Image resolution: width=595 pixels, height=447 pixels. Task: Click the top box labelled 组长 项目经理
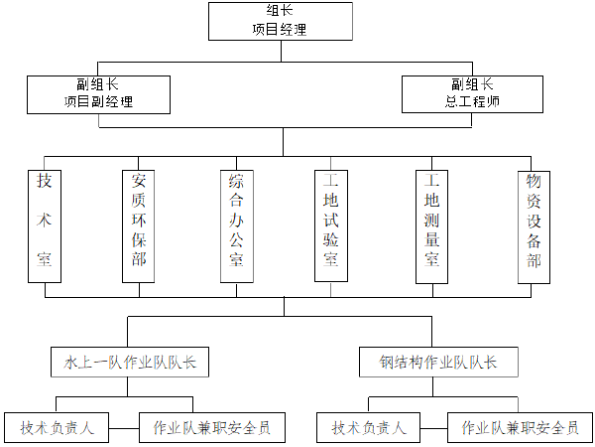click(280, 21)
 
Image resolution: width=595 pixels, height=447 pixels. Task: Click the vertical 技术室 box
click(45, 226)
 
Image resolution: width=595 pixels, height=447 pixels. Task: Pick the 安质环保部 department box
click(139, 226)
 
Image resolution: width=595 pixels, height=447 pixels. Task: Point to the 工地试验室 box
click(331, 226)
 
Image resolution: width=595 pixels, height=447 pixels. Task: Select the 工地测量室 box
click(431, 226)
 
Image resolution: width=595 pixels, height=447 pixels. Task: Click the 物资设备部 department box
click(534, 226)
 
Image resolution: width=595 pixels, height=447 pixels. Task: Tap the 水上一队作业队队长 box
click(128, 363)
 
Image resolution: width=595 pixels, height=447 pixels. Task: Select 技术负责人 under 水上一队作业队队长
click(57, 428)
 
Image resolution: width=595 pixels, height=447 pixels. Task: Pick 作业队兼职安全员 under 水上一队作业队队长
click(212, 428)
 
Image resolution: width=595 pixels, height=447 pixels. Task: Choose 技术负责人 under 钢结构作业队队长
click(369, 428)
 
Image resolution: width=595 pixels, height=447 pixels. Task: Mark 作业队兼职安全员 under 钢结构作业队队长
click(522, 428)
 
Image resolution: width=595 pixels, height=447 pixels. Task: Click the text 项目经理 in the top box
click(280, 30)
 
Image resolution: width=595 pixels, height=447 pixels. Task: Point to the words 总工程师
click(472, 101)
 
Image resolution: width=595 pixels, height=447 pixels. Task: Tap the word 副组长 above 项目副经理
click(98, 84)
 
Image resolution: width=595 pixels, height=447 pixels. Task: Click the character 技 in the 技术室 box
click(45, 182)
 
